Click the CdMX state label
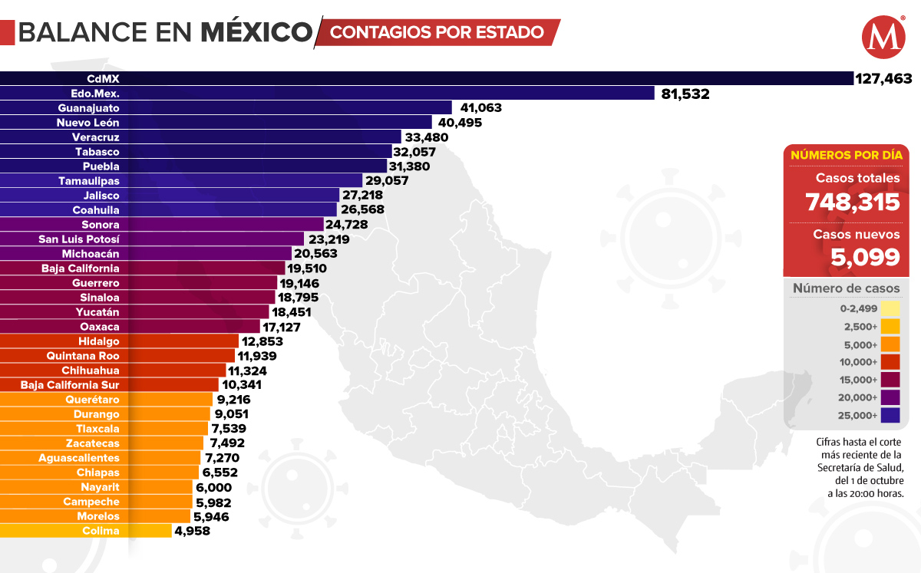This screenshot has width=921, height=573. (x=103, y=78)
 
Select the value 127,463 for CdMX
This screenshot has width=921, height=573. (x=883, y=78)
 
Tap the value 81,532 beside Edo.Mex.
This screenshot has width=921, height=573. (x=685, y=94)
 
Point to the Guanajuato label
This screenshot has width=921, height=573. (x=88, y=108)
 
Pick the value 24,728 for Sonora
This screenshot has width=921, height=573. (x=346, y=225)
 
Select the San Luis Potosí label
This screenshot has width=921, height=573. (x=79, y=239)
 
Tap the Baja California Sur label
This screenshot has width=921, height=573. (x=70, y=385)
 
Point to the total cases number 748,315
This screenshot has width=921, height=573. (x=852, y=202)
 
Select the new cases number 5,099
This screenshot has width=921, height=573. (x=865, y=256)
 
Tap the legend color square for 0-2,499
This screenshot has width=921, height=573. (x=890, y=309)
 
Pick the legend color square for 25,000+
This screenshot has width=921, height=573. (x=890, y=416)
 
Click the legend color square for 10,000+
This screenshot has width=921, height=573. (x=890, y=362)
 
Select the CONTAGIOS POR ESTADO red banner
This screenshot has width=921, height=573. (x=437, y=32)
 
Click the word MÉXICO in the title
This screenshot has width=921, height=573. (x=256, y=32)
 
